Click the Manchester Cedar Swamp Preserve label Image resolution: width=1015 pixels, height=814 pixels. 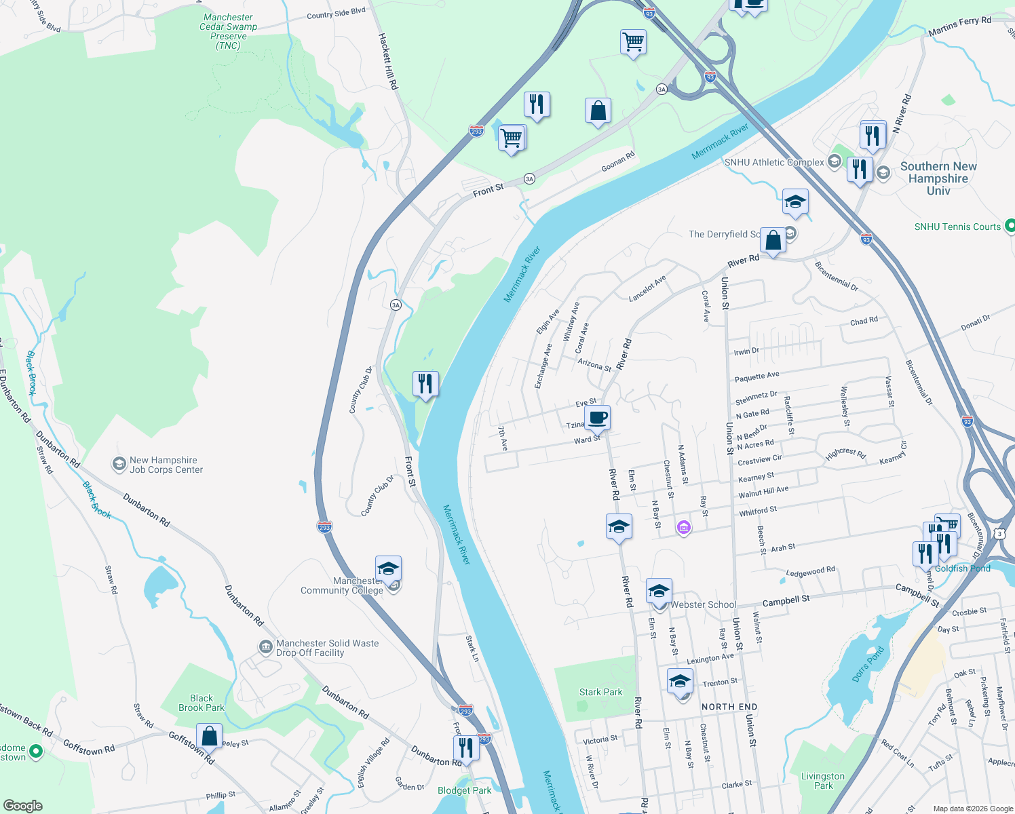coord(228,32)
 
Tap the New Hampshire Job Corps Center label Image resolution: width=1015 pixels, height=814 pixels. coord(166,465)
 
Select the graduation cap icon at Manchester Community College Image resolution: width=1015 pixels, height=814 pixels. coord(388,568)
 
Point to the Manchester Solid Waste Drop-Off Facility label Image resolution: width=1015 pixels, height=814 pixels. coord(327,648)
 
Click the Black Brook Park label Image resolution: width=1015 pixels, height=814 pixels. coord(202,703)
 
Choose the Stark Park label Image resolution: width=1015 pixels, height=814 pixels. coord(600,692)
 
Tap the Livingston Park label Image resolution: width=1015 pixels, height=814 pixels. coord(823,781)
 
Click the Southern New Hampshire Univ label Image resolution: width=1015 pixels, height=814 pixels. coord(938,178)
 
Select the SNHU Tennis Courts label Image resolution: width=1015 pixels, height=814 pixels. coord(957,227)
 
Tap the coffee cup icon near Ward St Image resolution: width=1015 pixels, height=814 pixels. coord(597,418)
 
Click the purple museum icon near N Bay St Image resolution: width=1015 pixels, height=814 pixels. coord(683,527)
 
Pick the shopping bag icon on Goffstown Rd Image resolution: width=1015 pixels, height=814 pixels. coord(210,736)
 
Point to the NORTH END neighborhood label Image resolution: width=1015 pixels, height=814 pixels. coord(729,707)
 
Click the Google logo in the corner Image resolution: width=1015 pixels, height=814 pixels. coord(22,805)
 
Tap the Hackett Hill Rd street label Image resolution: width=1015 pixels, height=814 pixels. coord(388,62)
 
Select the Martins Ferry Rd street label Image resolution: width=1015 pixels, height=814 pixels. coord(959,26)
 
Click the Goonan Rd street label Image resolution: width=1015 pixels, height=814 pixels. coord(617,161)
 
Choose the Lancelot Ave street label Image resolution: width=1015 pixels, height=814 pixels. coord(647,288)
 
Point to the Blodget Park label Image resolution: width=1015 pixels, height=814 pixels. coord(464,790)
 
